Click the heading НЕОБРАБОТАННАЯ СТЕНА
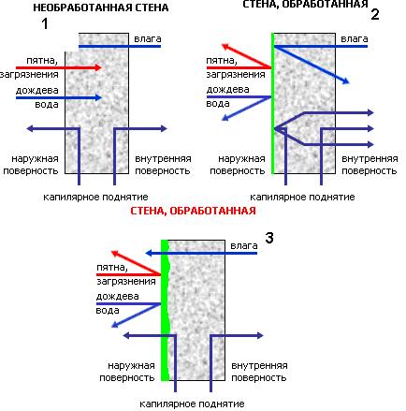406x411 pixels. click(x=101, y=7)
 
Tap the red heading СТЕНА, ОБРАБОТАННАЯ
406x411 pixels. click(x=193, y=211)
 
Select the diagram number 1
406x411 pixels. click(x=45, y=24)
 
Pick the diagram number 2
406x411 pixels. click(x=375, y=15)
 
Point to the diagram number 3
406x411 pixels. click(x=269, y=238)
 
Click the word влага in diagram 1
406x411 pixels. click(x=148, y=39)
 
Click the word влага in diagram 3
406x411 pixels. click(x=244, y=246)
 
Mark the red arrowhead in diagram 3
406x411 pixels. click(x=114, y=253)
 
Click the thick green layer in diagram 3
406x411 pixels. click(x=165, y=311)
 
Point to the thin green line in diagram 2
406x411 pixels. click(x=272, y=103)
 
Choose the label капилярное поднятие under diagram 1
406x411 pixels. click(x=95, y=198)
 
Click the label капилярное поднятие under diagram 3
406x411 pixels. click(x=192, y=404)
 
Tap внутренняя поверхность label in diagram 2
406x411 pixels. click(x=370, y=165)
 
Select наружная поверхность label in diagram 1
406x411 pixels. click(x=31, y=165)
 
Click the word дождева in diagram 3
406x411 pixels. click(x=117, y=296)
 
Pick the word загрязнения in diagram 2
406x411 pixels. click(x=236, y=74)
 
